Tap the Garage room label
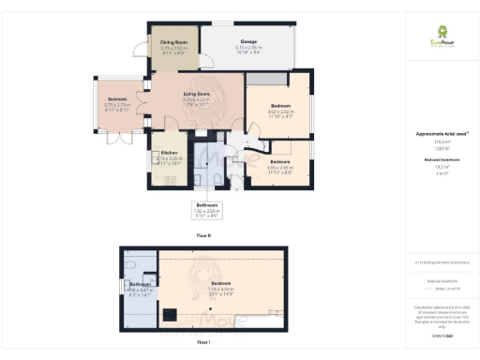(x=249, y=42)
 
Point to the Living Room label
(x=195, y=95)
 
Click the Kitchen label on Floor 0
(x=169, y=152)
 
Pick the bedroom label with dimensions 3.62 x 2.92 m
(x=279, y=105)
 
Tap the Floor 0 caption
(x=205, y=235)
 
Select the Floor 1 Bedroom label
(x=221, y=282)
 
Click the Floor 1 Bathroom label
(x=141, y=283)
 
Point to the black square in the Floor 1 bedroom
(x=171, y=313)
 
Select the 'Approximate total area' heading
(x=442, y=134)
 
